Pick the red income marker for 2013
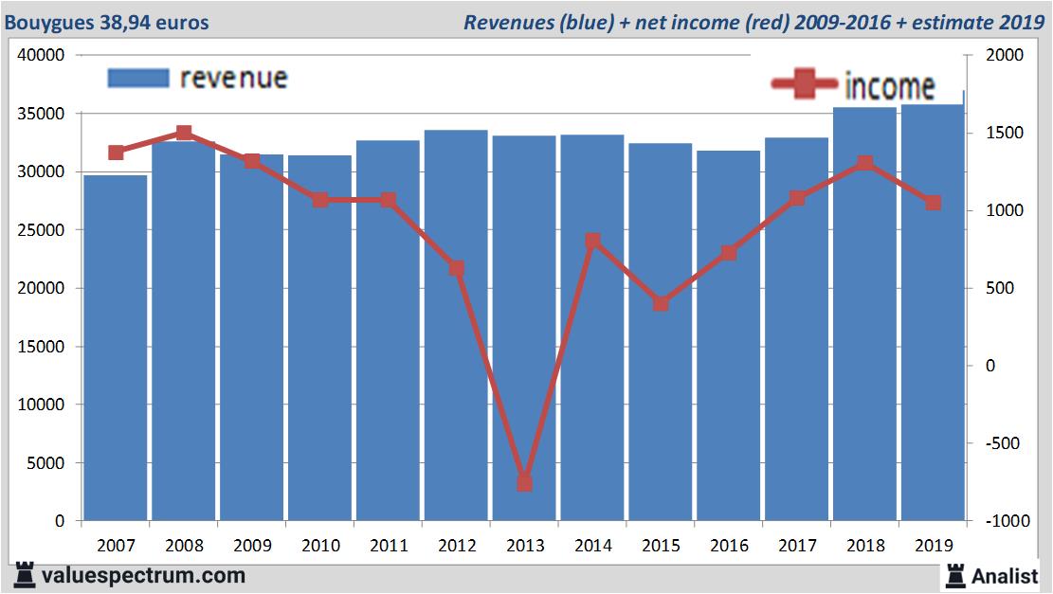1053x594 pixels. tap(524, 483)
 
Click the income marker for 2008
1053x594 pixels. tap(185, 134)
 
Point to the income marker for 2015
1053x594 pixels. tap(661, 304)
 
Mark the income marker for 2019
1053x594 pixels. tap(934, 203)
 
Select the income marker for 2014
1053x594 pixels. tap(592, 242)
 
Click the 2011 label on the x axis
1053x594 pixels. tap(389, 546)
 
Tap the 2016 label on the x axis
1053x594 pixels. tap(729, 546)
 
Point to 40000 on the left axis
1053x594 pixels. tap(41, 56)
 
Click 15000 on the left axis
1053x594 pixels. tap(41, 347)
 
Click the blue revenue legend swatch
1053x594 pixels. tap(138, 78)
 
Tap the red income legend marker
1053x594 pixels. tap(805, 85)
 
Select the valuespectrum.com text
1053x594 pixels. tap(142, 575)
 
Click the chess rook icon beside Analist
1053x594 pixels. tap(955, 575)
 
